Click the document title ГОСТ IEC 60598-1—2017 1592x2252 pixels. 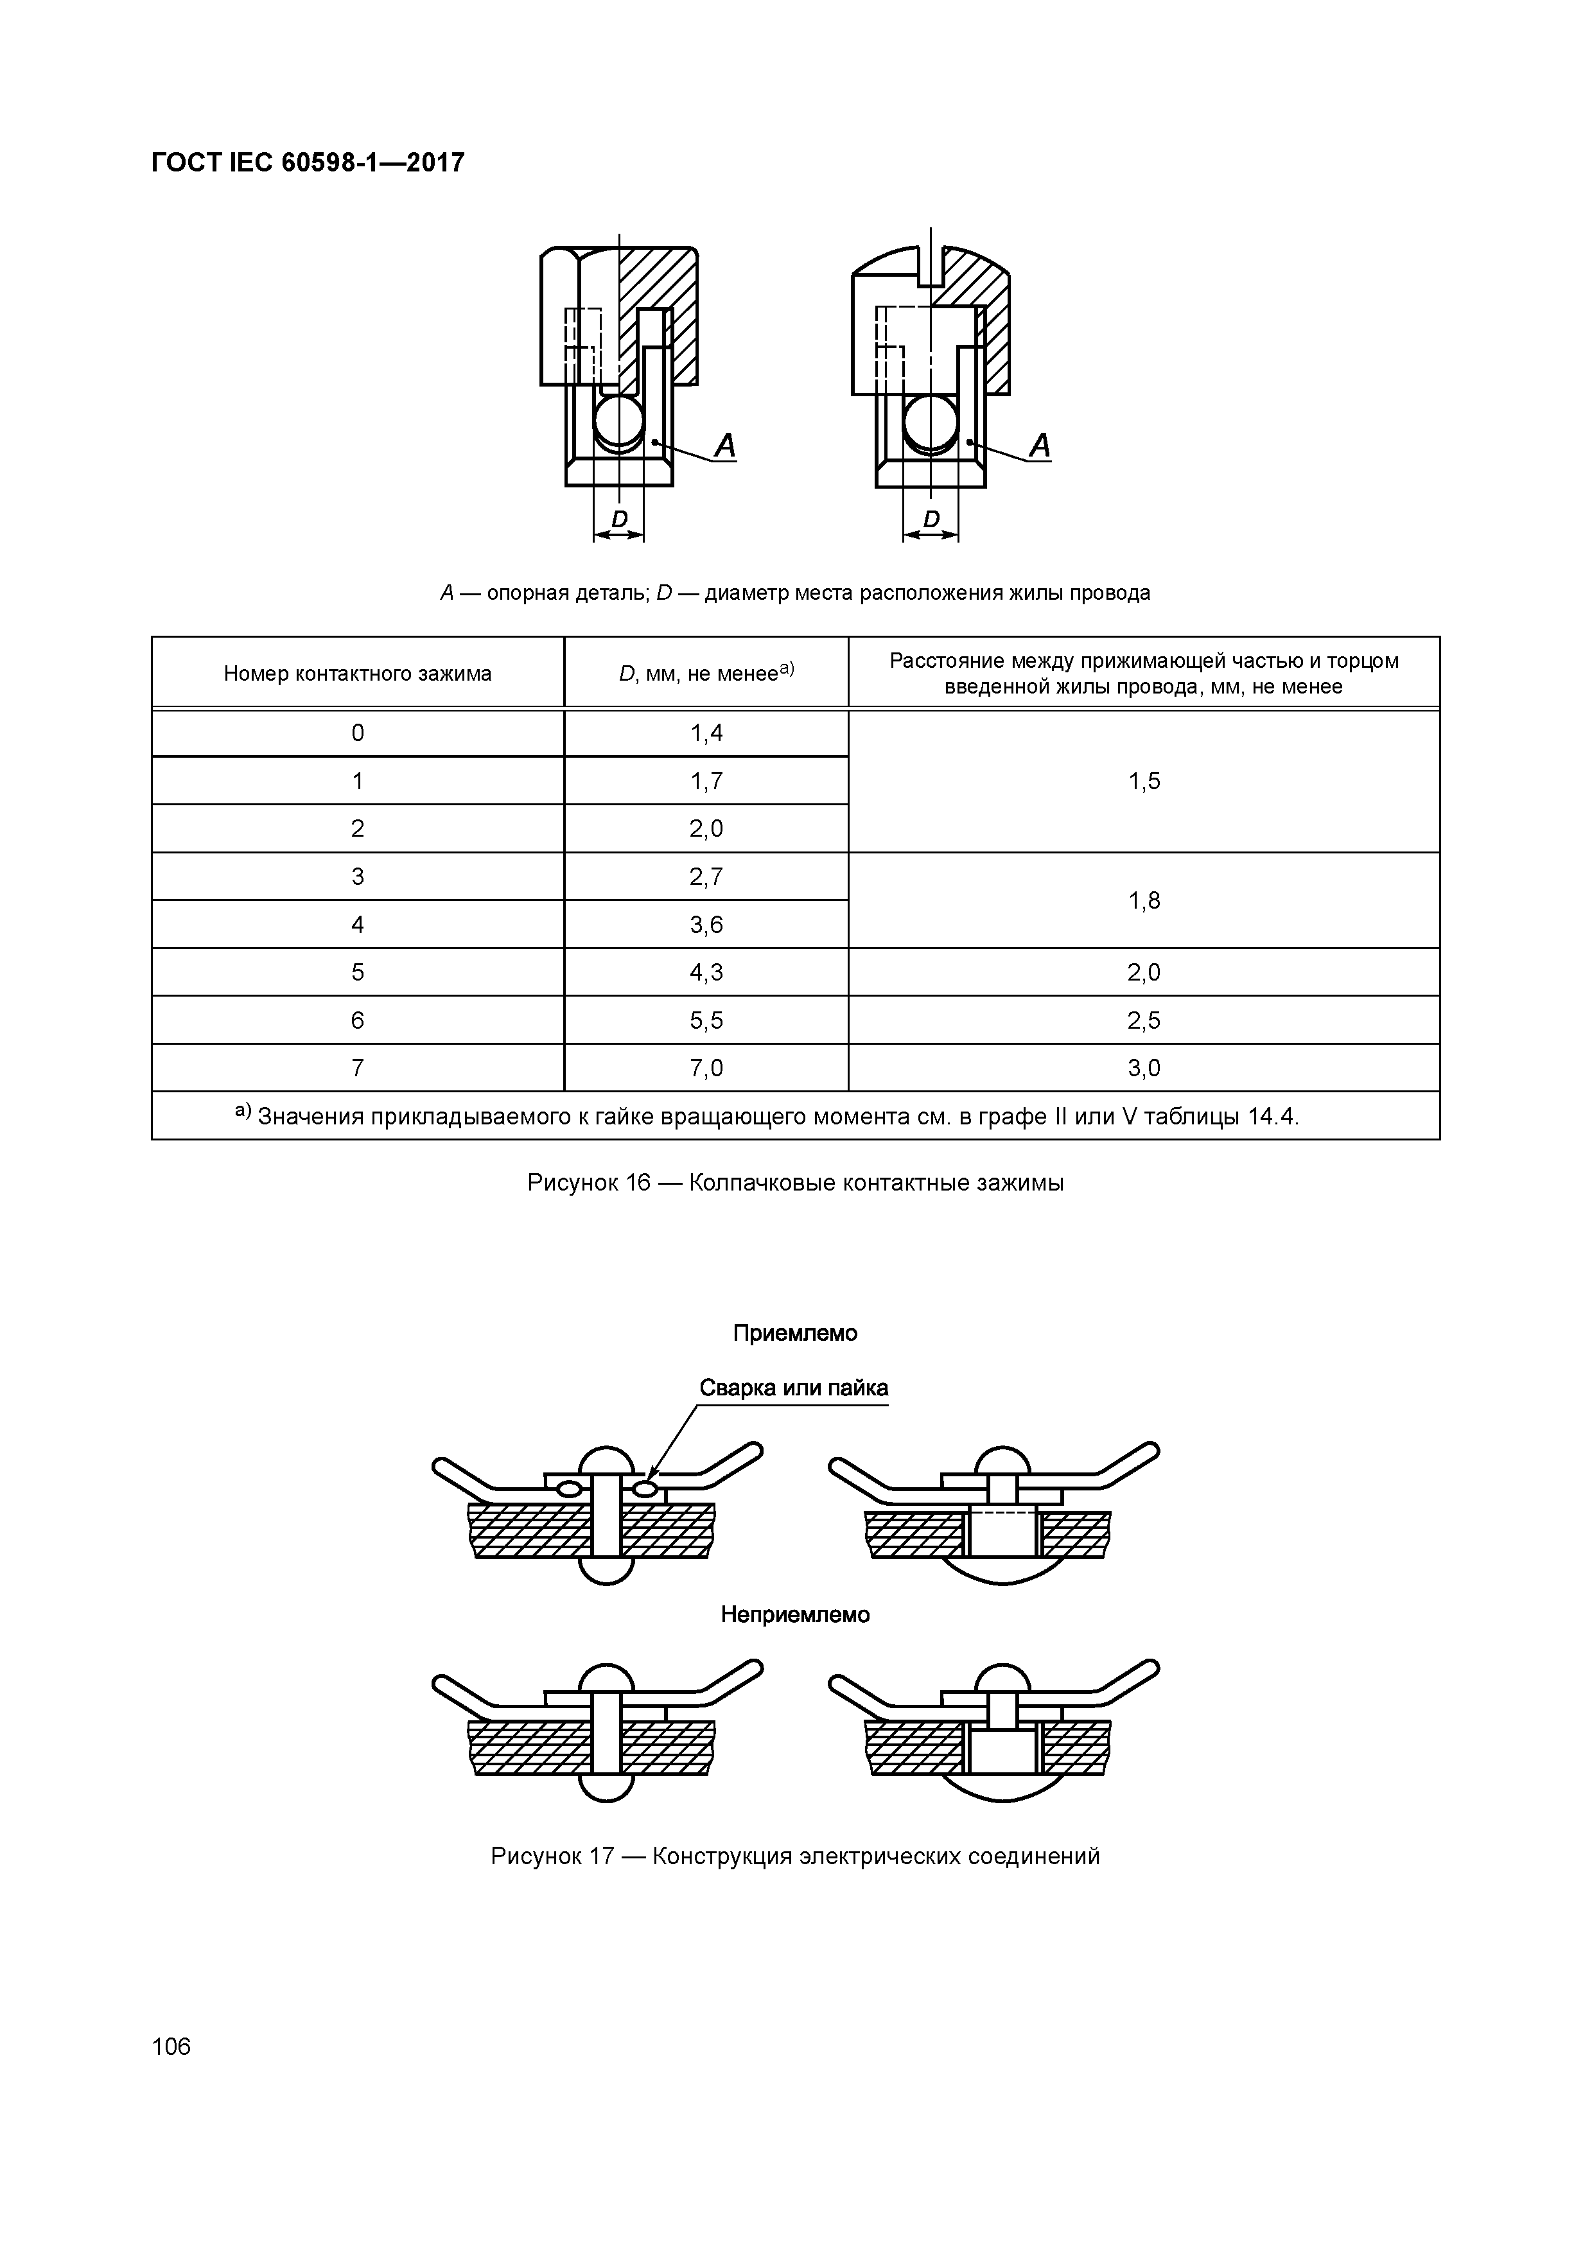tap(308, 163)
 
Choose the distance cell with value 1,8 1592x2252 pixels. tap(1144, 900)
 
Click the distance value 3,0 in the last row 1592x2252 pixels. tap(1144, 1068)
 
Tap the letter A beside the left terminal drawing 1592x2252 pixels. tap(725, 446)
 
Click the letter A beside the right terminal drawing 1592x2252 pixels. tap(1040, 446)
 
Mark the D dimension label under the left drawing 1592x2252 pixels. tap(619, 518)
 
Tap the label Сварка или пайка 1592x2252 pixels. tap(794, 1388)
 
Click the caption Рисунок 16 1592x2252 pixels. tap(794, 1183)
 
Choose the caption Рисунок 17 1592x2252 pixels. tap(794, 1856)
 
